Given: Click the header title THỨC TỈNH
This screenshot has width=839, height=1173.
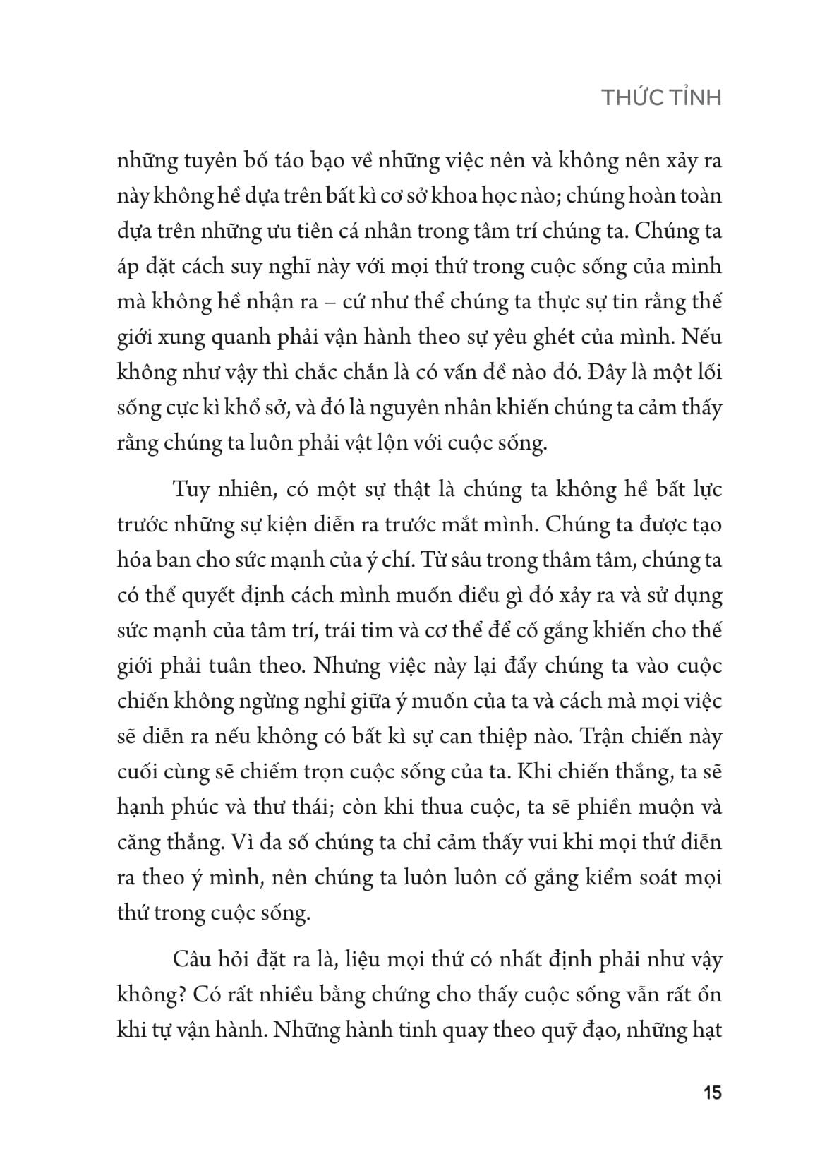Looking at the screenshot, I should (x=661, y=98).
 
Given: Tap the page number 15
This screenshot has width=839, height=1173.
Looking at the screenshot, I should (x=712, y=1094).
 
